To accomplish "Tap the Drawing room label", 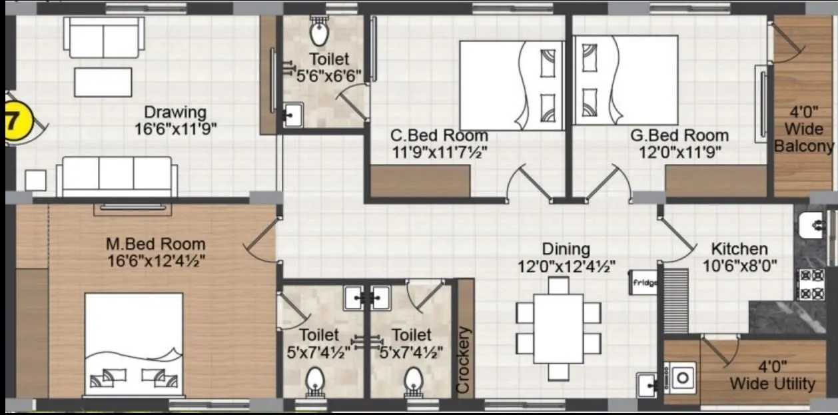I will [175, 112].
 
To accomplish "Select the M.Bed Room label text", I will [155, 244].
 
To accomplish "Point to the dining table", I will [558, 328].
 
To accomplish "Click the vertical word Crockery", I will [464, 360].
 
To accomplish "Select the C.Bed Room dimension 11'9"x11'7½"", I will [439, 152].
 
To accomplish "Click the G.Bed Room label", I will [679, 136].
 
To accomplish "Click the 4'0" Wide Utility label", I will [772, 376].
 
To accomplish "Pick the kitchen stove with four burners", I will [810, 284].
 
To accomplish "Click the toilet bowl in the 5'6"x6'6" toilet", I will [319, 32].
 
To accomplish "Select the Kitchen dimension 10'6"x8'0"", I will [739, 266].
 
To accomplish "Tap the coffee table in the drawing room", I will [103, 82].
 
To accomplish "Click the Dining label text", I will [566, 249].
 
